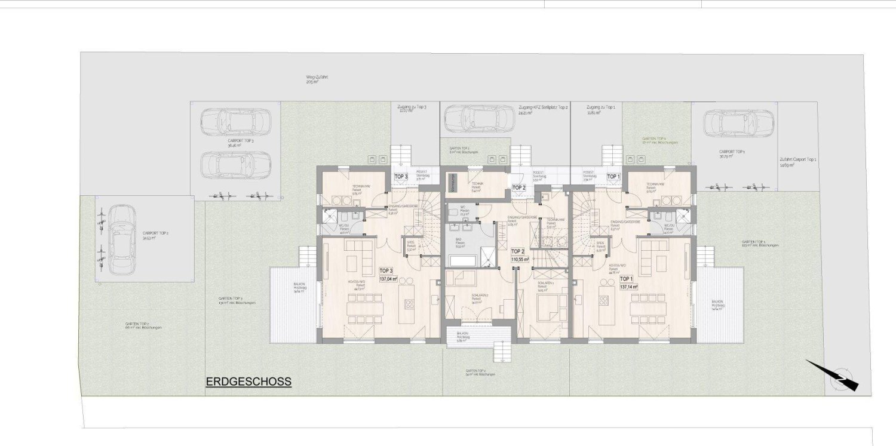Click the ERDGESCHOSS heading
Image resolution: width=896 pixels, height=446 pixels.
click(x=248, y=382)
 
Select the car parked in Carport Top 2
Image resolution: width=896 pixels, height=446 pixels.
click(x=121, y=238)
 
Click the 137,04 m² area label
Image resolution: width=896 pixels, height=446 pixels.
click(x=389, y=278)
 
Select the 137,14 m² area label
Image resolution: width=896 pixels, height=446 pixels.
click(x=629, y=286)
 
